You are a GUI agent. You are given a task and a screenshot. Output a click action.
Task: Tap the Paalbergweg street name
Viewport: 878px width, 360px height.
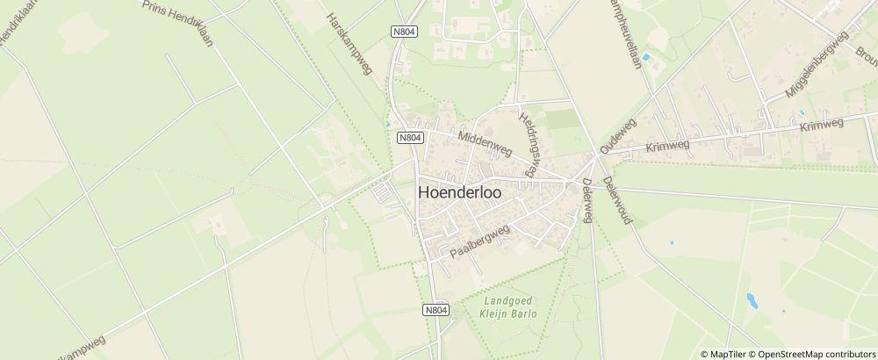480,240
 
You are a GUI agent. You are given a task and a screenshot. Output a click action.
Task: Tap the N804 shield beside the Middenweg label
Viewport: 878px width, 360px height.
410,138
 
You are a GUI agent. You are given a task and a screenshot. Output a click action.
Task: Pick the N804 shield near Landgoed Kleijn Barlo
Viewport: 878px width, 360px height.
435,309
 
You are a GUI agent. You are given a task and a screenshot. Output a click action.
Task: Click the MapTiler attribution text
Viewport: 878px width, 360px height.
726,353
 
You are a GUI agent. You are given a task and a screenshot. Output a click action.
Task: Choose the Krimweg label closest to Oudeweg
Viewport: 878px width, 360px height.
667,147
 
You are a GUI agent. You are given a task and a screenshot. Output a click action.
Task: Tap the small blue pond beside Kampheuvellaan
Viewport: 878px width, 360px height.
647,58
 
